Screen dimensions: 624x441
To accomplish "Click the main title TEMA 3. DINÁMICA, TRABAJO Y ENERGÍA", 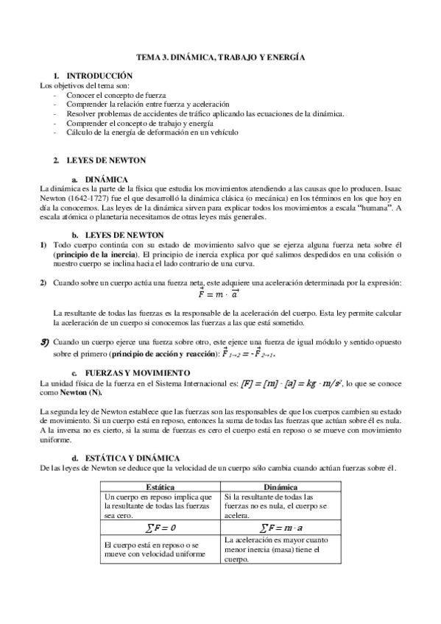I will pyautogui.click(x=221, y=57).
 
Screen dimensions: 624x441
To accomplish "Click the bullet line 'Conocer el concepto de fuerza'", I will pyautogui.click(x=116, y=95).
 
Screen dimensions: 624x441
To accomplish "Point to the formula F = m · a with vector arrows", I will pyautogui.click(x=221, y=294).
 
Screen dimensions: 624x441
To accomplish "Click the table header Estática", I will pyautogui.click(x=160, y=486).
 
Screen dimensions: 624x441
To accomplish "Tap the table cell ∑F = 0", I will pyautogui.click(x=160, y=528).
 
